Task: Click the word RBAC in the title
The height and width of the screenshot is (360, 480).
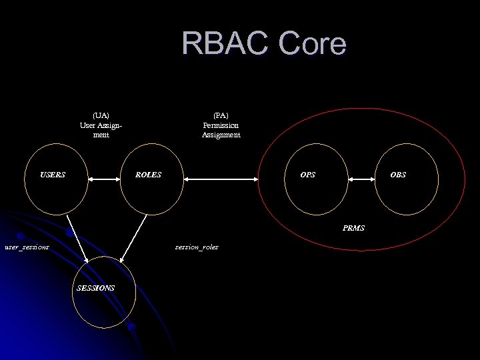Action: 226,44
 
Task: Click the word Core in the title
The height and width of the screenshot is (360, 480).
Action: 313,44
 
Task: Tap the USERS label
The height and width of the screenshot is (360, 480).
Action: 53,175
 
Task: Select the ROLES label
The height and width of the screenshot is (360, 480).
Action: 148,175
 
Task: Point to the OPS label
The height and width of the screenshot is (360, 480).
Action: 308,175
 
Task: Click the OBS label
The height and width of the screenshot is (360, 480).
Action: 398,175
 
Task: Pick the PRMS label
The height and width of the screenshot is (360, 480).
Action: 353,228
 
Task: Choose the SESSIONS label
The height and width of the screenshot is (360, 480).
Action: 95,288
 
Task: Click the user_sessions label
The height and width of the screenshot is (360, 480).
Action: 27,247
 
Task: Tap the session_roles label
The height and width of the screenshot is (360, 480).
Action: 197,247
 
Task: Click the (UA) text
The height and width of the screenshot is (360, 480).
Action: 101,115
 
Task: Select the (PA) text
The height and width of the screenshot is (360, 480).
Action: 221,115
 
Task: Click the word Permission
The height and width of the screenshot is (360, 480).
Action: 221,125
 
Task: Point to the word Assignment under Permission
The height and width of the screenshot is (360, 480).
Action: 221,135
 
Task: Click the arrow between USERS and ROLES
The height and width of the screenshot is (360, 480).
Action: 103,179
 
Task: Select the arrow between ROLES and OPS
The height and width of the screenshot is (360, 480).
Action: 221,179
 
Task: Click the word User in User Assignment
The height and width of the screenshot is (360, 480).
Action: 87,125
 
